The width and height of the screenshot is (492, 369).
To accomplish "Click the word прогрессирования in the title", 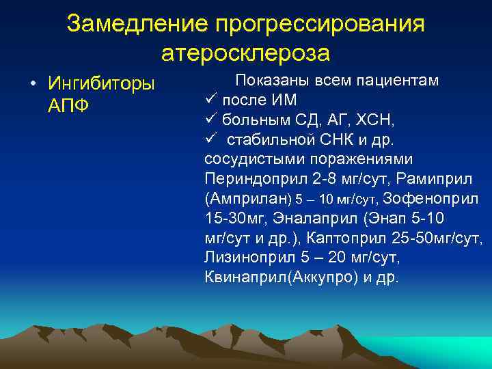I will click(x=320, y=24).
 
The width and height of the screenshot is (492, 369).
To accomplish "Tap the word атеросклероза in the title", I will click(x=246, y=53).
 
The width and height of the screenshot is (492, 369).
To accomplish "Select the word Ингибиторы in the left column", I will click(x=102, y=84).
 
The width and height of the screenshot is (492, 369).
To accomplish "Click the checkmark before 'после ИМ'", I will click(x=210, y=100).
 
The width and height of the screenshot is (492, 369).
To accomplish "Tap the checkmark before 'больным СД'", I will click(x=210, y=120).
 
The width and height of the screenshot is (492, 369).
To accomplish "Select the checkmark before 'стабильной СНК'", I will click(x=210, y=139).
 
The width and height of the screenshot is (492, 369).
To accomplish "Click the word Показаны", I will click(x=271, y=81).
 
